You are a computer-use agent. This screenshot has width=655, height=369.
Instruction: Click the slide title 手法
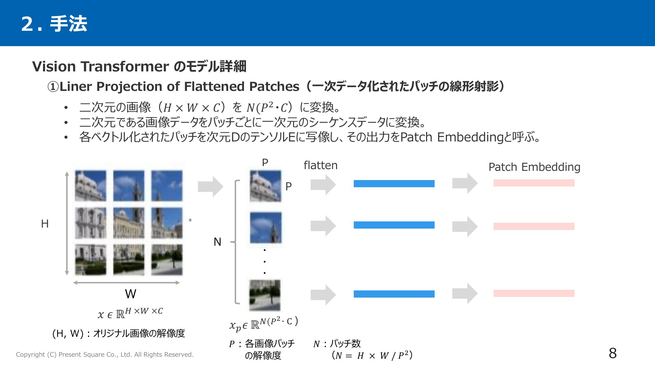(68, 24)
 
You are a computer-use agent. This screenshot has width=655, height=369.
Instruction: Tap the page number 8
(613, 353)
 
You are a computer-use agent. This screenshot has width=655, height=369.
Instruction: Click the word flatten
(320, 165)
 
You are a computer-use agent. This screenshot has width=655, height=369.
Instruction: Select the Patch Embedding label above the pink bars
(534, 167)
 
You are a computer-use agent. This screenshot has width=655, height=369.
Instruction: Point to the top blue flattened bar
(394, 183)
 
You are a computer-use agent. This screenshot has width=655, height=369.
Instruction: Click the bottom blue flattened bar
(394, 294)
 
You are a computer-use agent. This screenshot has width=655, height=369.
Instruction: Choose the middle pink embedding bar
(534, 226)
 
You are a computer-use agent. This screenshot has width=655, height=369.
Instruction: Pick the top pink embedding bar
(534, 183)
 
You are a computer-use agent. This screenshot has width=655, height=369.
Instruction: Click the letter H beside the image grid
(45, 224)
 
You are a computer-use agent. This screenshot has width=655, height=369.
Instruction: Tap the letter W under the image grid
(131, 294)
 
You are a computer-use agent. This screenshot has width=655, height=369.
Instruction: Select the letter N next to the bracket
(217, 242)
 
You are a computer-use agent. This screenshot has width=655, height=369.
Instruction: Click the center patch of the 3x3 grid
(129, 223)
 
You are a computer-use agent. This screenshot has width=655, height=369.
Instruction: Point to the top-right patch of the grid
(167, 186)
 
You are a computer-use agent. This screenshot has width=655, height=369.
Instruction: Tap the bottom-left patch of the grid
(90, 260)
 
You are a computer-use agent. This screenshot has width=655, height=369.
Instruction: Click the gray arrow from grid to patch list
(210, 187)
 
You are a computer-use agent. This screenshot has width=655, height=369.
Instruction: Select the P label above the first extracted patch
(265, 163)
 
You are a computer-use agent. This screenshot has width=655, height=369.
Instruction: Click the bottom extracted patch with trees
(265, 296)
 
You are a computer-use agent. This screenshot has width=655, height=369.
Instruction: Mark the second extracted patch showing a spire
(266, 228)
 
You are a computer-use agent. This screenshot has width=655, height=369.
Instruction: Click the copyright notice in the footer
(105, 355)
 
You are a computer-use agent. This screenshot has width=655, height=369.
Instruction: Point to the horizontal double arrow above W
(127, 283)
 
